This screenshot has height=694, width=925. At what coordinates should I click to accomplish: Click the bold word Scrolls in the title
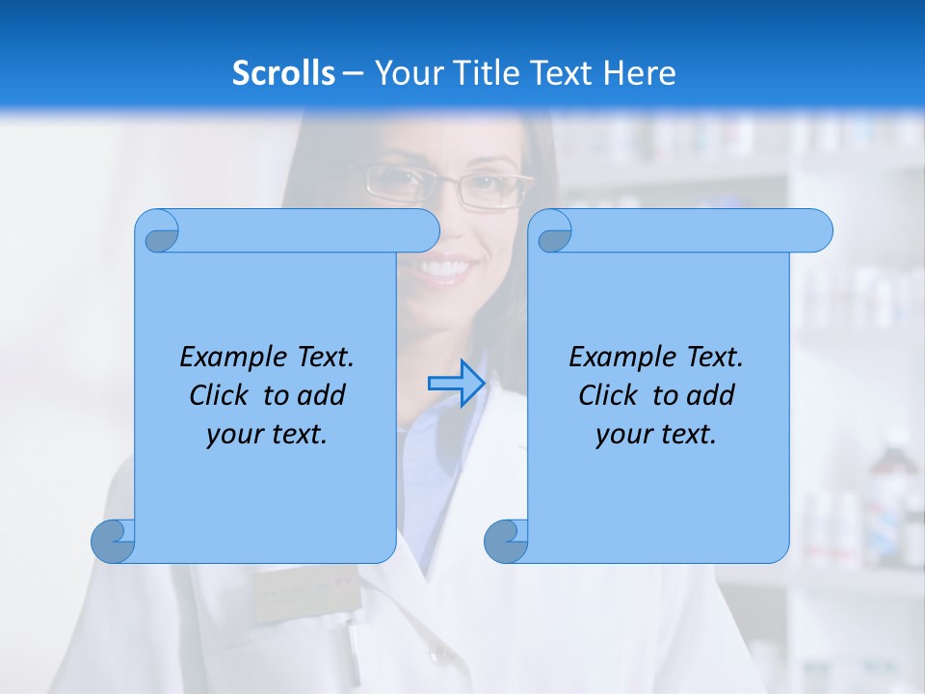pyautogui.click(x=284, y=72)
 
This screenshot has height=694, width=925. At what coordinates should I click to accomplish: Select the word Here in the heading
pyautogui.click(x=639, y=72)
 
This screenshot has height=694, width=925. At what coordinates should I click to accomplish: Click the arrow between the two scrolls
pyautogui.click(x=457, y=384)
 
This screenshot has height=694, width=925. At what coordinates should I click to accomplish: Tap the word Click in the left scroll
pyautogui.click(x=224, y=395)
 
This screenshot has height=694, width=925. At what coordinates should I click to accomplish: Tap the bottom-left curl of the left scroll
pyautogui.click(x=113, y=541)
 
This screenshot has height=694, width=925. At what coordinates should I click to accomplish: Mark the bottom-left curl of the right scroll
pyautogui.click(x=506, y=541)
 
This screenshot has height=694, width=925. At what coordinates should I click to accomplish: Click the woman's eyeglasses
pyautogui.click(x=449, y=186)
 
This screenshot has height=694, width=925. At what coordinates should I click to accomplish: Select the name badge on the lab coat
pyautogui.click(x=306, y=596)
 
